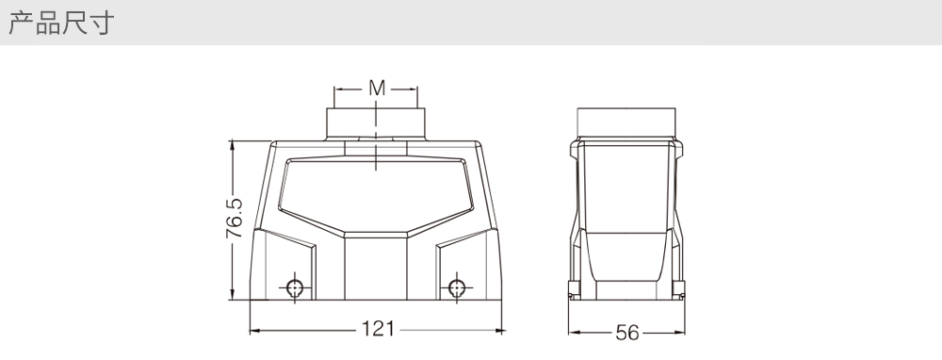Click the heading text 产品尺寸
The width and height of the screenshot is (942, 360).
click(x=60, y=23)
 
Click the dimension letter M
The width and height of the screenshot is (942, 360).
click(x=377, y=89)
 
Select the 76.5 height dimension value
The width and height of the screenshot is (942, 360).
click(x=235, y=218)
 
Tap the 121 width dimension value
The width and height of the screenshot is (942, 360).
click(x=378, y=329)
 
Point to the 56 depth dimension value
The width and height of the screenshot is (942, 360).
click(x=627, y=333)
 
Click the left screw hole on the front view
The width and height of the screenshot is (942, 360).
click(x=294, y=288)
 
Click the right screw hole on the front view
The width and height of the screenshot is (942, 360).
click(x=457, y=288)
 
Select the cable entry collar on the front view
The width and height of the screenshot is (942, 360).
click(x=376, y=123)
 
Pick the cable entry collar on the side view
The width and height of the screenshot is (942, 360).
click(x=626, y=123)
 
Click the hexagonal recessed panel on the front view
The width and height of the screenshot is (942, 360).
click(x=376, y=196)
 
